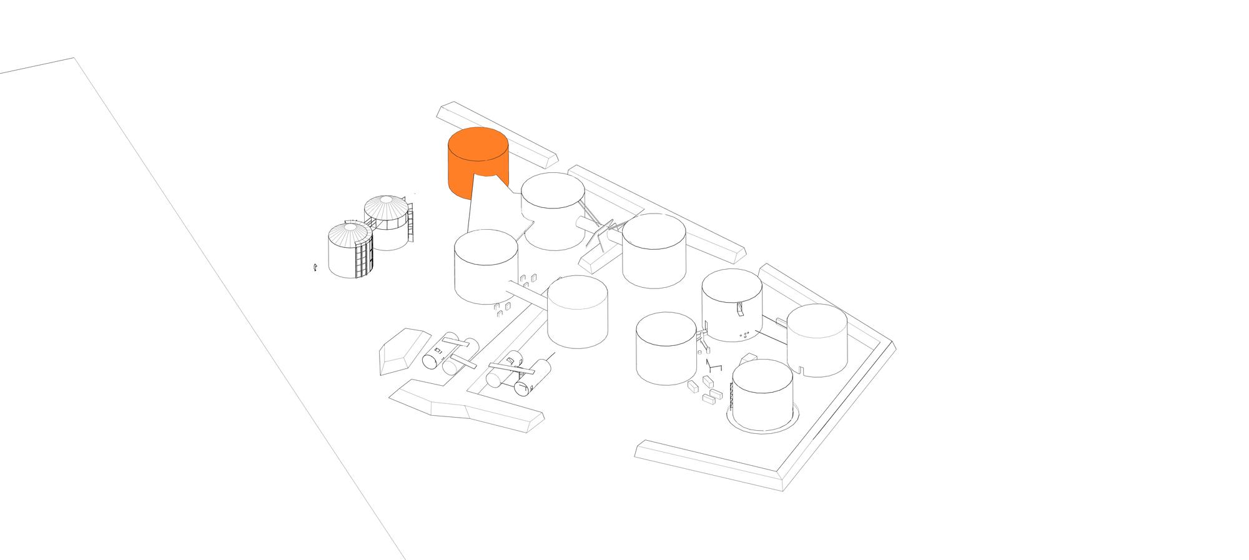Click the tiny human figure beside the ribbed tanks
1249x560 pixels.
tap(315, 267)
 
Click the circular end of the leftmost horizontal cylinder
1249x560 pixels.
tap(431, 361)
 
